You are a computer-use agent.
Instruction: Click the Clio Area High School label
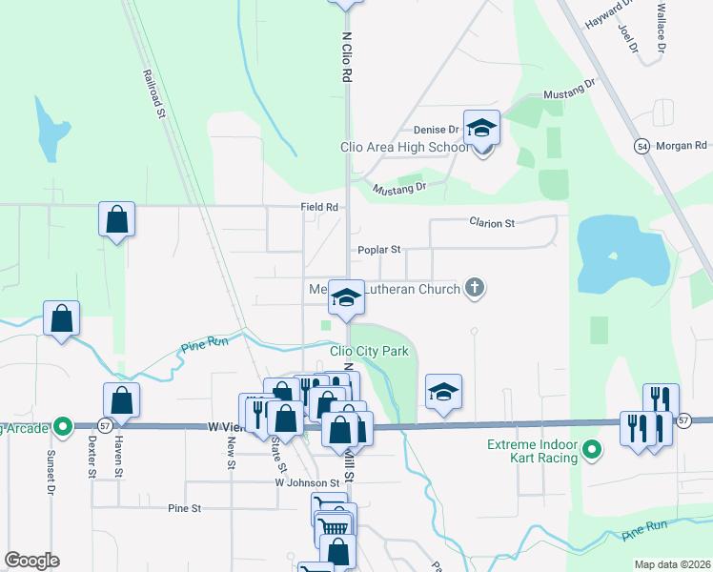tap(405, 147)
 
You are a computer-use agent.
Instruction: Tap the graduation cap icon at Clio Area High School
tap(481, 128)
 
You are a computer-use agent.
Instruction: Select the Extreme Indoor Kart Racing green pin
tap(591, 447)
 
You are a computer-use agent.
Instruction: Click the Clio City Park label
tap(368, 351)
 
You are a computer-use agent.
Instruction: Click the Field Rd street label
tap(319, 206)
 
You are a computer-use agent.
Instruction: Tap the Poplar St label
tap(379, 250)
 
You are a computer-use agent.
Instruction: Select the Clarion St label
tap(492, 223)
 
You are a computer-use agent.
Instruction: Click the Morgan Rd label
tap(686, 145)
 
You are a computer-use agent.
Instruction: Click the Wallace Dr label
tap(660, 32)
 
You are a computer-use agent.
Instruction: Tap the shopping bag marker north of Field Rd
tap(116, 220)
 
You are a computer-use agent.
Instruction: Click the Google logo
tap(31, 561)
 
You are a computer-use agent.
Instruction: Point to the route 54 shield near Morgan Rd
tap(642, 145)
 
